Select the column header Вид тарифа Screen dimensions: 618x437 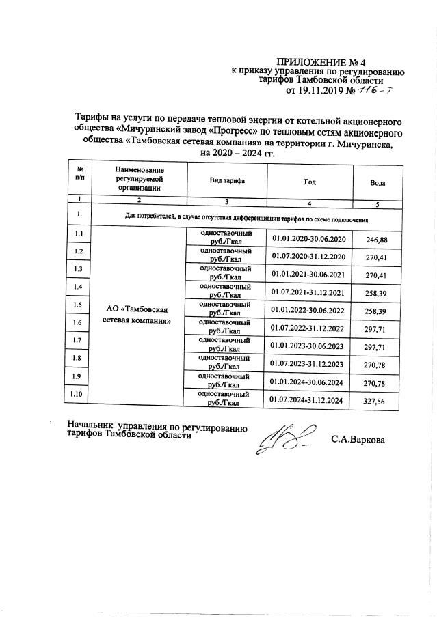(227, 180)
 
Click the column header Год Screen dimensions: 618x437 (310, 181)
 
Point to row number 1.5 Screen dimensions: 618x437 (79, 305)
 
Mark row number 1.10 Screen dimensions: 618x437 (79, 395)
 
